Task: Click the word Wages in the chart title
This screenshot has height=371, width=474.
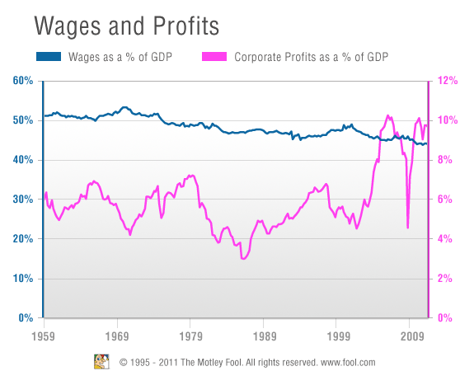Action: tap(68, 26)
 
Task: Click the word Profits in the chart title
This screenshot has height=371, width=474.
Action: tap(186, 26)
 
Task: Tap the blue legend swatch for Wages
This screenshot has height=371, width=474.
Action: tap(49, 57)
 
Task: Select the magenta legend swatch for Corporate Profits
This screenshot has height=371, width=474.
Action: tap(214, 57)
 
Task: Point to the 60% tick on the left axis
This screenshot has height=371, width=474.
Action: tap(23, 81)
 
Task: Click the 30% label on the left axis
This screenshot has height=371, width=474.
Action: tap(23, 200)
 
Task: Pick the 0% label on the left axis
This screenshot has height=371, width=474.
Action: tap(26, 317)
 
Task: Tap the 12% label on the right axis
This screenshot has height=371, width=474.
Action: tap(448, 81)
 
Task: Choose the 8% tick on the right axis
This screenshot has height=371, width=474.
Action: tap(445, 160)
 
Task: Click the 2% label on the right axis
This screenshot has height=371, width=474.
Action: tap(445, 278)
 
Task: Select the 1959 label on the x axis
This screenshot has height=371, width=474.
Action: tap(43, 336)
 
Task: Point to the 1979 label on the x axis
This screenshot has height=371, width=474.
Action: tap(190, 336)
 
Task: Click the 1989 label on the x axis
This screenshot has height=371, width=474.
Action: tap(265, 336)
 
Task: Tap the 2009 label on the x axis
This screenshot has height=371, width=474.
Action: tap(412, 336)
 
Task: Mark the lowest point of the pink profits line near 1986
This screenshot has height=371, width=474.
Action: tap(243, 259)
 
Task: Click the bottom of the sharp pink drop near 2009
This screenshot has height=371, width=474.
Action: tap(408, 228)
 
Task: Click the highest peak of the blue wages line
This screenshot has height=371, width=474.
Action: tap(124, 107)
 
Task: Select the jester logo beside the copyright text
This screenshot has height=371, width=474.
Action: tap(101, 362)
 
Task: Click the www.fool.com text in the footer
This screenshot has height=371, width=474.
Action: tap(348, 362)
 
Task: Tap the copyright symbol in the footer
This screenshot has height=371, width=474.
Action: tap(123, 362)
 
